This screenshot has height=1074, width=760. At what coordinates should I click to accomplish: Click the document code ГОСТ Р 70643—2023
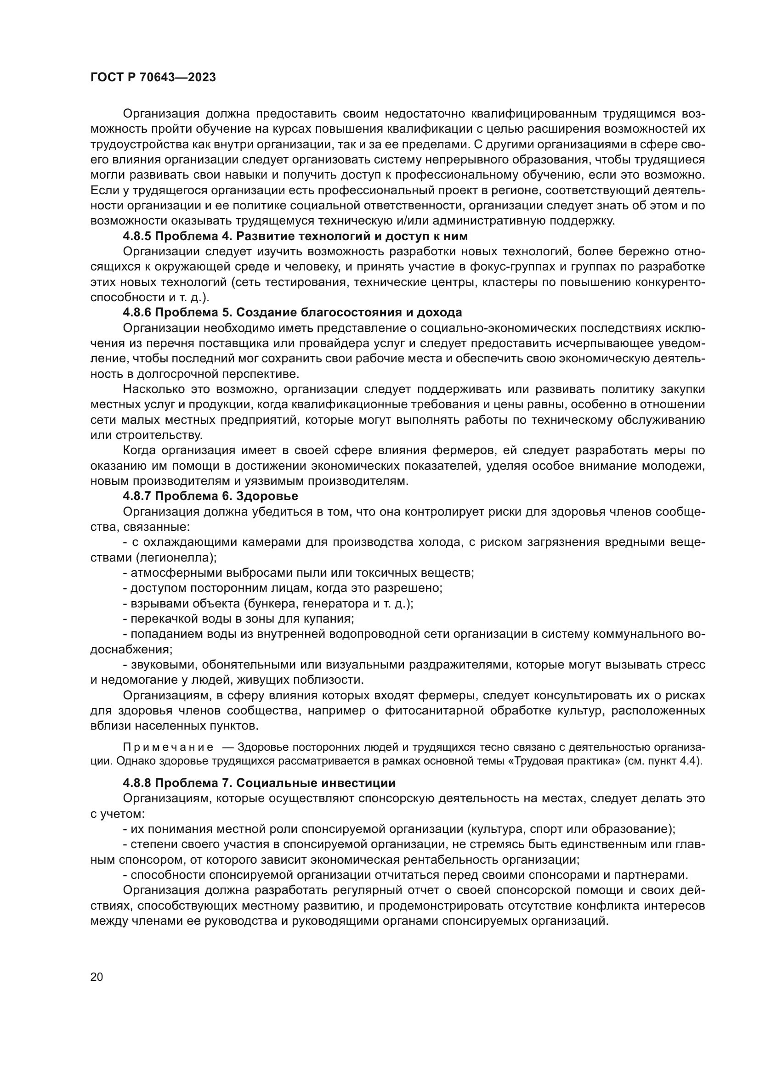pyautogui.click(x=153, y=78)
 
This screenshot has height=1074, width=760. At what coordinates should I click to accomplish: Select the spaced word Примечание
pyautogui.click(x=168, y=748)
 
